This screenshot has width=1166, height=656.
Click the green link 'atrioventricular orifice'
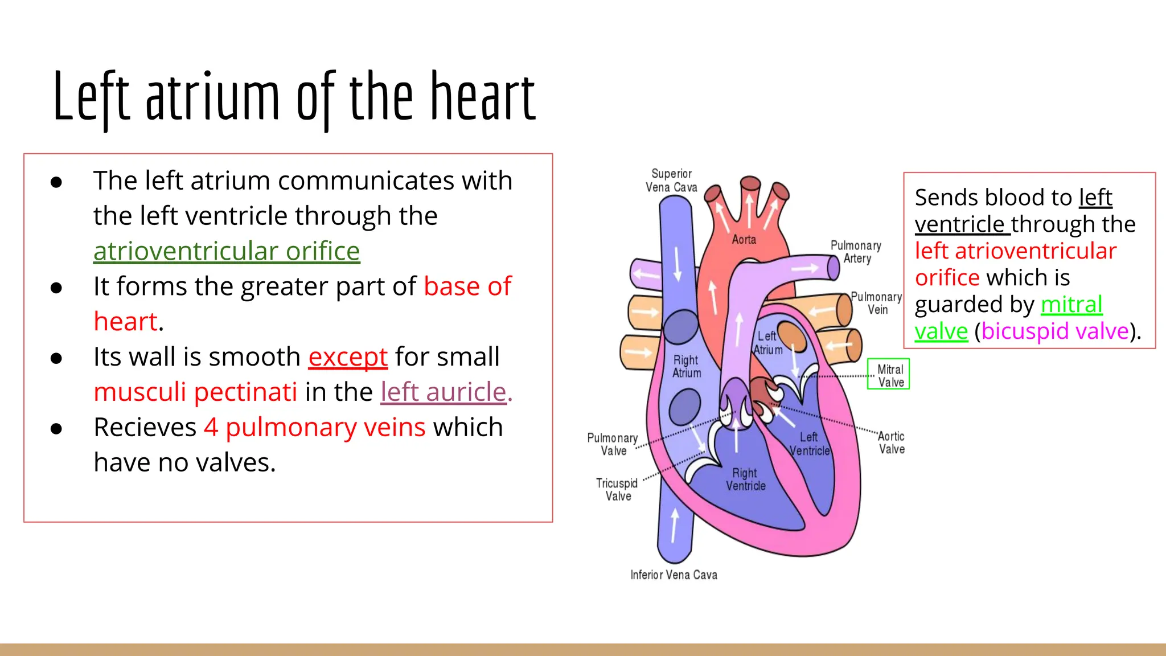pyautogui.click(x=227, y=251)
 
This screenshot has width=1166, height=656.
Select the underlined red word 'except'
pyautogui.click(x=348, y=357)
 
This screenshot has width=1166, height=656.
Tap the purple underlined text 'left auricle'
pyautogui.click(x=444, y=392)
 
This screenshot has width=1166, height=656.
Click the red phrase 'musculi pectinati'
pyautogui.click(x=195, y=392)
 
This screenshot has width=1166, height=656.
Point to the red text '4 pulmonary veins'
pyautogui.click(x=315, y=427)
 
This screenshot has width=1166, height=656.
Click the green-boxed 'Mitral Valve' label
pyautogui.click(x=889, y=375)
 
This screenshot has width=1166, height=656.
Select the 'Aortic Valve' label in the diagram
pyautogui.click(x=891, y=442)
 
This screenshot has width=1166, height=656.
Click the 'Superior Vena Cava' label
pyautogui.click(x=671, y=181)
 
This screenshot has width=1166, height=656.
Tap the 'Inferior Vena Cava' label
pyautogui.click(x=674, y=575)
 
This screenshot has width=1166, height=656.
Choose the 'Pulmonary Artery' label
pyautogui.click(x=856, y=252)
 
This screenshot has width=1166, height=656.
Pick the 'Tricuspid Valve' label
pyautogui.click(x=617, y=490)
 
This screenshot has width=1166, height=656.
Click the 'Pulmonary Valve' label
pyautogui.click(x=613, y=444)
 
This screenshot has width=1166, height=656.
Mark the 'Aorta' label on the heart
pyautogui.click(x=744, y=240)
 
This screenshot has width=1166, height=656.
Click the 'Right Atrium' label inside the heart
pyautogui.click(x=686, y=367)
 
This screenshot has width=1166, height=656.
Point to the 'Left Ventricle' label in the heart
pyautogui.click(x=809, y=444)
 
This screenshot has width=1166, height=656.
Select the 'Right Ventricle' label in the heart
pyautogui.click(x=745, y=479)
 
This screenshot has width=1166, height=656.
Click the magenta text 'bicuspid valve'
pyautogui.click(x=1054, y=331)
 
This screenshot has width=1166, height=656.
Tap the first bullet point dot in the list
pyautogui.click(x=56, y=182)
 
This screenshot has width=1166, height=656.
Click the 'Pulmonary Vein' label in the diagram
pyautogui.click(x=876, y=303)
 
